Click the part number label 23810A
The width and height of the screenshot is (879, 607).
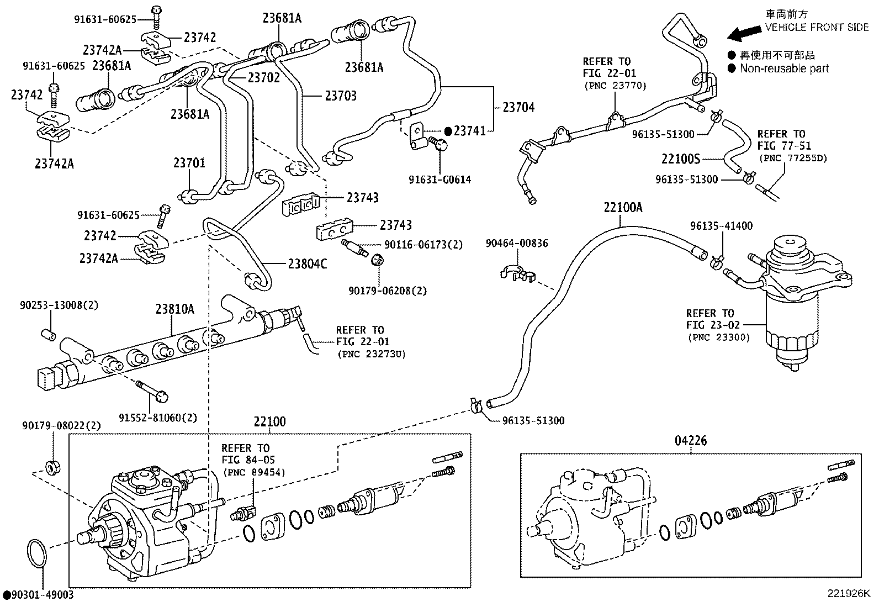(x=174, y=309)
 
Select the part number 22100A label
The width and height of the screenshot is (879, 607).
(x=623, y=207)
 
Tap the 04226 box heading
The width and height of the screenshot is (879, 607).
(x=690, y=441)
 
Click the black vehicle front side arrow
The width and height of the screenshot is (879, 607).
(x=744, y=34)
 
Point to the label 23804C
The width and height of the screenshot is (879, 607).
(x=307, y=264)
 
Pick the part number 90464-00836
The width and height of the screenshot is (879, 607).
(x=517, y=243)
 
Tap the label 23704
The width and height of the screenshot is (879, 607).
(x=518, y=107)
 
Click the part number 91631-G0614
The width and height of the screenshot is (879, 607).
(x=439, y=180)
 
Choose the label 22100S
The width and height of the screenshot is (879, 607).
(x=680, y=159)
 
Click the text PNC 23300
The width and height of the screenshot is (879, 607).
(x=718, y=337)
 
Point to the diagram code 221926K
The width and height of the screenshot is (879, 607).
(x=848, y=594)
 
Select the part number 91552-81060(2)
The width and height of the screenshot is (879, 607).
(x=158, y=418)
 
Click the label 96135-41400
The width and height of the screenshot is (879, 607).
(x=721, y=225)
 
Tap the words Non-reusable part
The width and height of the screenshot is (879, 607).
(x=784, y=68)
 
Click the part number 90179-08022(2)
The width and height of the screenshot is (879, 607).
(x=62, y=425)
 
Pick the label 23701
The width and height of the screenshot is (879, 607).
(x=189, y=163)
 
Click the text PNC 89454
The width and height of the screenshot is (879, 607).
(x=254, y=472)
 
